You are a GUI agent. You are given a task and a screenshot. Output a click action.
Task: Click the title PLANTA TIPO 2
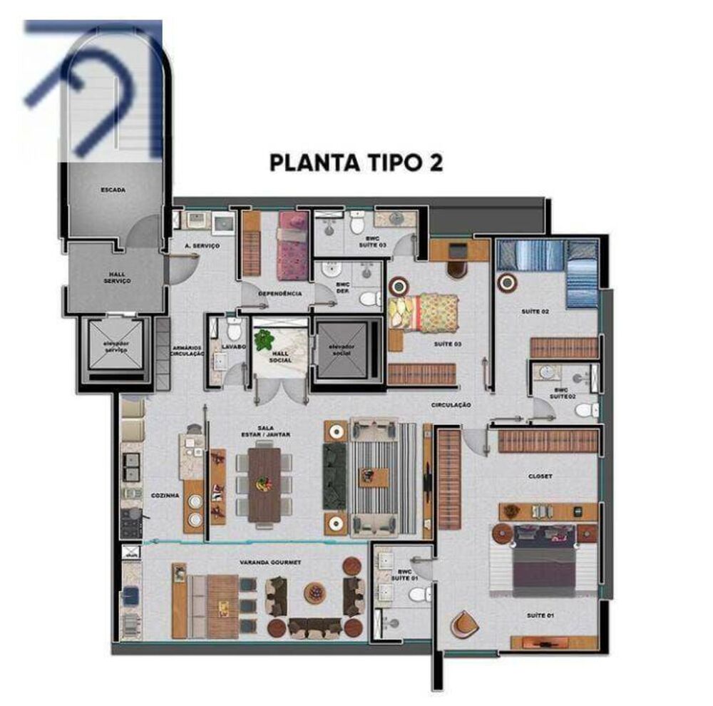coord(356,162)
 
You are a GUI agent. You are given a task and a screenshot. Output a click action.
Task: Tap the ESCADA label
coord(113,190)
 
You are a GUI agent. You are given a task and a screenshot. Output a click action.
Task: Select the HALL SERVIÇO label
coord(116,276)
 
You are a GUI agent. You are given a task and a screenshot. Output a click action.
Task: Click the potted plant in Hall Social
coord(264,339)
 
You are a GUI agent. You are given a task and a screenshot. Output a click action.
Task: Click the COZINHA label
coord(164,494)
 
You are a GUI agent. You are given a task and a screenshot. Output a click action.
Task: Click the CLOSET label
coord(540,476)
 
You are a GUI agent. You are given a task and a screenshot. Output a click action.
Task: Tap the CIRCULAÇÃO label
coord(451,404)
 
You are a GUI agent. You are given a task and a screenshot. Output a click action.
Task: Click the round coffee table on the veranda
coord(314,593)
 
